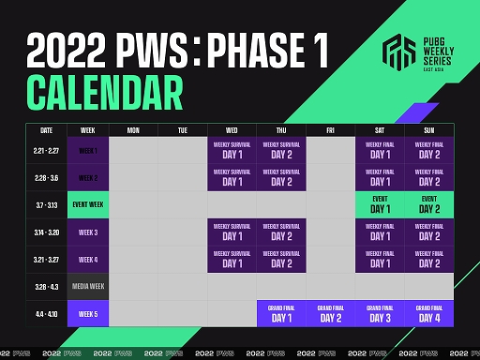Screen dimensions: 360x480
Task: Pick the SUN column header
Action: coord(429,129)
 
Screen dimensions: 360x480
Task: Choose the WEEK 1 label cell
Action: coord(87,150)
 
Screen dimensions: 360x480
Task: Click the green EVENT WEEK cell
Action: coord(87,204)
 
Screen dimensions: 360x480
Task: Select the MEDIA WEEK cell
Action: coord(87,286)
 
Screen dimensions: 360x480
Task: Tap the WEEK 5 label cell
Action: coord(87,313)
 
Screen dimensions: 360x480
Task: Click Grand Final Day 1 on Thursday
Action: coord(281,313)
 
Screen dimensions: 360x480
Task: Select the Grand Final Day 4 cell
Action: coord(429,313)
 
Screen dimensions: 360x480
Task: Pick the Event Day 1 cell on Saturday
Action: coord(379,204)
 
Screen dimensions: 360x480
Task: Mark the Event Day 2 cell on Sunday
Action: coord(429,204)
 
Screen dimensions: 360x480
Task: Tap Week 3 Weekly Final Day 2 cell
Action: coord(429,232)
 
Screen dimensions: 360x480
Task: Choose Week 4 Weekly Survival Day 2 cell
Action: coord(281,259)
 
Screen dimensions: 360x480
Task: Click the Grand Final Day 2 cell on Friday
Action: coord(330,313)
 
